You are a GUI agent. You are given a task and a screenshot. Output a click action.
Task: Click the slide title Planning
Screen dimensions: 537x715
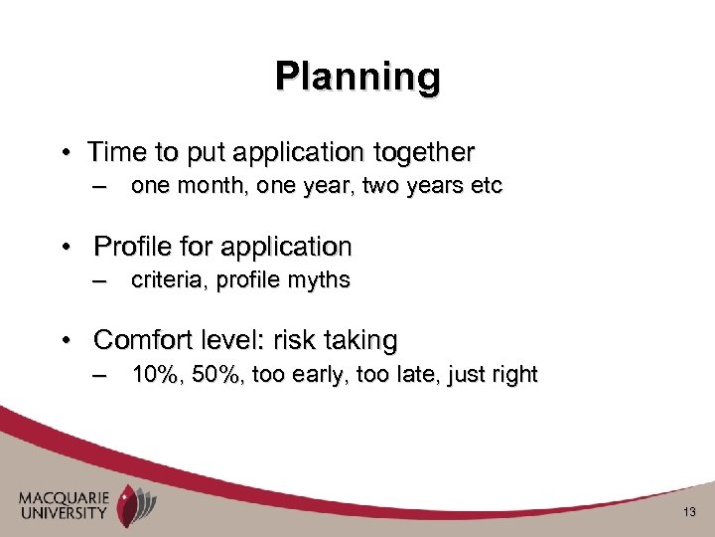point(357,76)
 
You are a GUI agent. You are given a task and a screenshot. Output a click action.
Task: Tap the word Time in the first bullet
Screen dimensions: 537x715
point(113,152)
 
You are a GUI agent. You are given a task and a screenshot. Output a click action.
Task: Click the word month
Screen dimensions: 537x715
point(208,186)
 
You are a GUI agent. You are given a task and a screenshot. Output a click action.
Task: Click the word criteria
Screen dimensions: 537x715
point(165,280)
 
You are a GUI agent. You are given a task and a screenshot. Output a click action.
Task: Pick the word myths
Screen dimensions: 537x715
point(319,280)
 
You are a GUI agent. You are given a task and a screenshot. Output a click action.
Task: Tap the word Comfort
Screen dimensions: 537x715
point(138,340)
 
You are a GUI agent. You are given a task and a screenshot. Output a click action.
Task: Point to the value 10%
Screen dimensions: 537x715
point(150,375)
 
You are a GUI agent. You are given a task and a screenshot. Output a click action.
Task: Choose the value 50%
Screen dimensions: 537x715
point(209,375)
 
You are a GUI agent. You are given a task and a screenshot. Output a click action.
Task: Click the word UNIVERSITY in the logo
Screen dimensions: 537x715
point(62,513)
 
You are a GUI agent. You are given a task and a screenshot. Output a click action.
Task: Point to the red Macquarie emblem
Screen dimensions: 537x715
point(130,503)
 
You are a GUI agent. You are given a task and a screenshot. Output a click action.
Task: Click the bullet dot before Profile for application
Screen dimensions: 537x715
point(67,246)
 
